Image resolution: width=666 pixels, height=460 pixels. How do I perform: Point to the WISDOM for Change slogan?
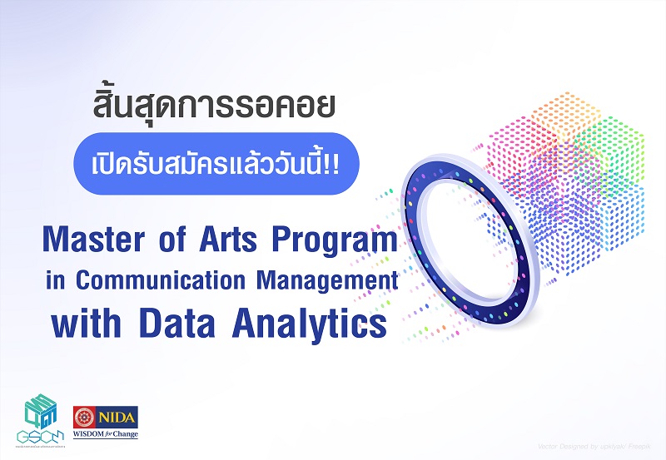click(x=106, y=433)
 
